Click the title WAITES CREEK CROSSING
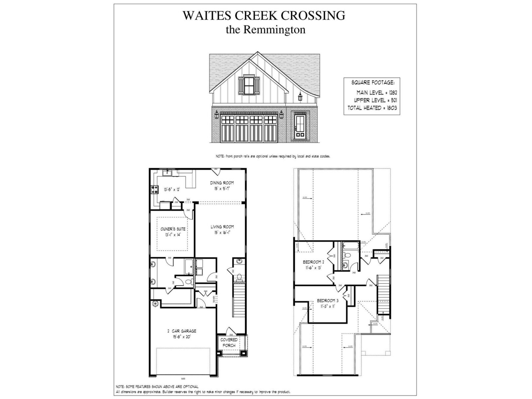264,15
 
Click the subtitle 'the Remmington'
265,30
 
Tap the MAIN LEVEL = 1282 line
377,93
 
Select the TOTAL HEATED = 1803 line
372,108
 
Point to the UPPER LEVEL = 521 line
375,100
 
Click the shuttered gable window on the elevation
249,85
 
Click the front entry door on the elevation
300,126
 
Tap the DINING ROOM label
222,183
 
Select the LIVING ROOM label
222,227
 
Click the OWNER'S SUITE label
173,229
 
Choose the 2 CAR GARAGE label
182,331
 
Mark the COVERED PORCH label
229,342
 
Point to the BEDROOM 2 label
313,262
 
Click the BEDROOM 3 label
328,300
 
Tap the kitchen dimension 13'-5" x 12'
172,190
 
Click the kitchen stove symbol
155,190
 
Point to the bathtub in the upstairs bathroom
350,247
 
